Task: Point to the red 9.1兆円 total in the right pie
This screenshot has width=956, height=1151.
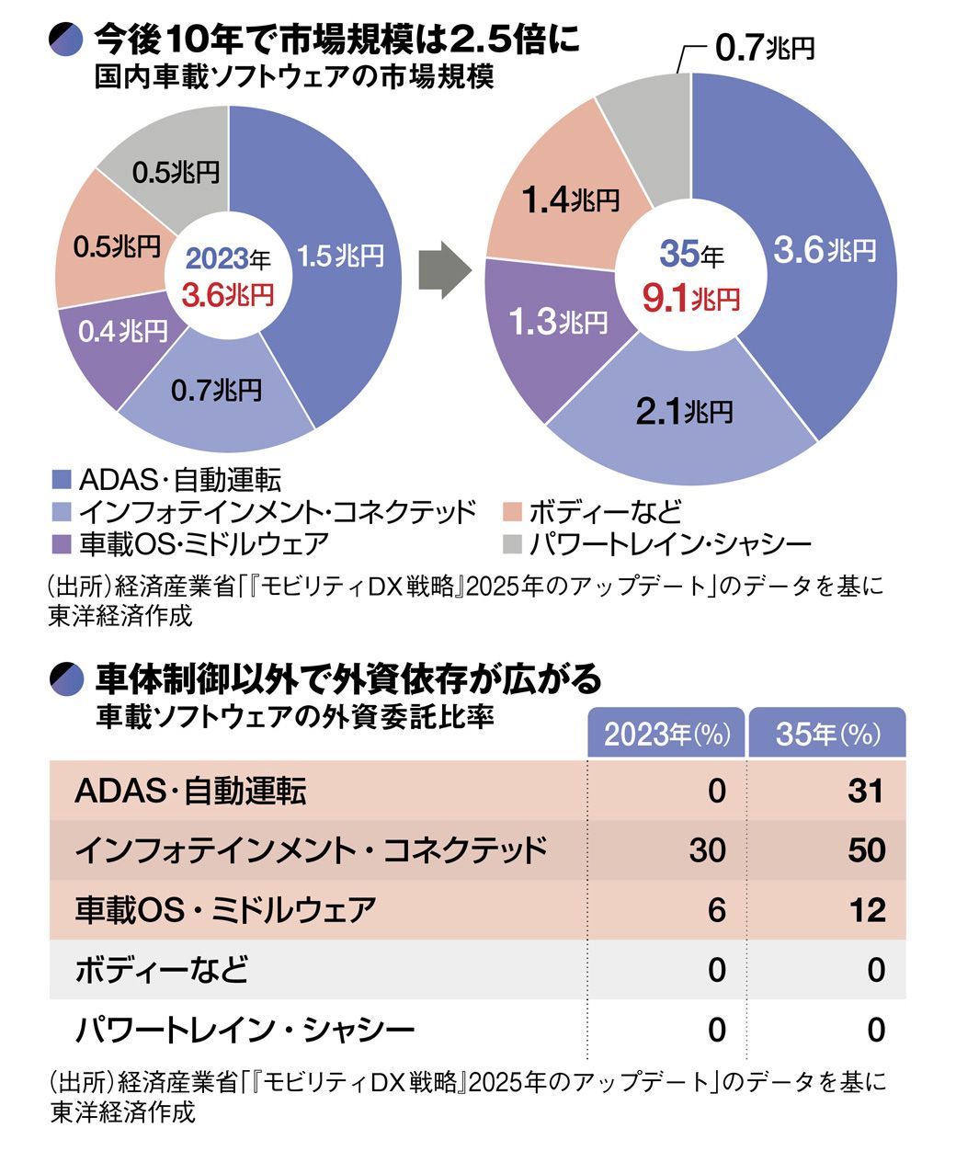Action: [x=690, y=299]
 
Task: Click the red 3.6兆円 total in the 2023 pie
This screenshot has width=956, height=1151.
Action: [x=228, y=295]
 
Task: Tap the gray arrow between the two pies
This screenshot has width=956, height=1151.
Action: [x=444, y=270]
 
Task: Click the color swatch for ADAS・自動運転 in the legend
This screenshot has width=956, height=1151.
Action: [x=62, y=480]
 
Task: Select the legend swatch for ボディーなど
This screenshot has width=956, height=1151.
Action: [x=513, y=512]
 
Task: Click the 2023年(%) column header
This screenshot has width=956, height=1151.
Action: [x=666, y=734]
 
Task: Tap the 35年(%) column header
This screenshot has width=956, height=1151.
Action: [x=827, y=734]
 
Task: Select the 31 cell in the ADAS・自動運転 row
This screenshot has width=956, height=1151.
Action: [x=865, y=791]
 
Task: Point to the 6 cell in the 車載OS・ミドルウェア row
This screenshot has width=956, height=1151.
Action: [x=716, y=910]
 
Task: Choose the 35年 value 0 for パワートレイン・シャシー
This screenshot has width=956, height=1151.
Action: [x=875, y=1030]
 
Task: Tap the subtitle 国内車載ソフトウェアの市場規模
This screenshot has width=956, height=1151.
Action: [x=294, y=77]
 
